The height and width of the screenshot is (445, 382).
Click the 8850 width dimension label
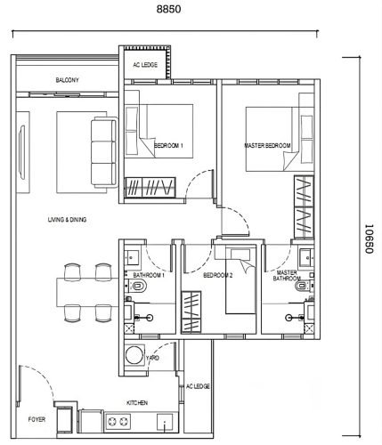pyautogui.click(x=168, y=9)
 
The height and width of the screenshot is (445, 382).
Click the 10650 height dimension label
pyautogui.click(x=369, y=239)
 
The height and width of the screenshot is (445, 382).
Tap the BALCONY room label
pyautogui.click(x=68, y=80)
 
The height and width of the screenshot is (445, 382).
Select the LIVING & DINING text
pyautogui.click(x=67, y=220)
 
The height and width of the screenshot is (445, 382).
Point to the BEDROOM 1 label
pyautogui.click(x=168, y=146)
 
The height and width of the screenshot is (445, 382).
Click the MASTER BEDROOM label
pyautogui.click(x=267, y=146)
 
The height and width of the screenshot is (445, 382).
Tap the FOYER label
pyautogui.click(x=37, y=419)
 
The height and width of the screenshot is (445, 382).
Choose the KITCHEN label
pyautogui.click(x=137, y=403)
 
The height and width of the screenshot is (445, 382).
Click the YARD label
pyautogui.click(x=152, y=358)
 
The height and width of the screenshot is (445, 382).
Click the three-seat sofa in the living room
pyautogui.click(x=104, y=152)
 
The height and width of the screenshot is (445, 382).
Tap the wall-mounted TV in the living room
pyautogui.click(x=21, y=152)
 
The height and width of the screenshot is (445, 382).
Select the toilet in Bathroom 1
pyautogui.click(x=137, y=286)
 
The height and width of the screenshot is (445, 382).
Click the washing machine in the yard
pyautogui.click(x=134, y=355)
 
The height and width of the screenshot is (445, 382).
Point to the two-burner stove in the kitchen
pyautogui.click(x=118, y=421)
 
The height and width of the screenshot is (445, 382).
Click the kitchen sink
pyautogui.click(x=165, y=422)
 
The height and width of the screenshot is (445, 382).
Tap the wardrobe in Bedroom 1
pyautogui.click(x=150, y=188)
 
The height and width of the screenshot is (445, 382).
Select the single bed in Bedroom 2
pyautogui.click(x=240, y=281)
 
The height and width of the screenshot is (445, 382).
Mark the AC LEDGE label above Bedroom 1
pyautogui.click(x=145, y=65)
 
